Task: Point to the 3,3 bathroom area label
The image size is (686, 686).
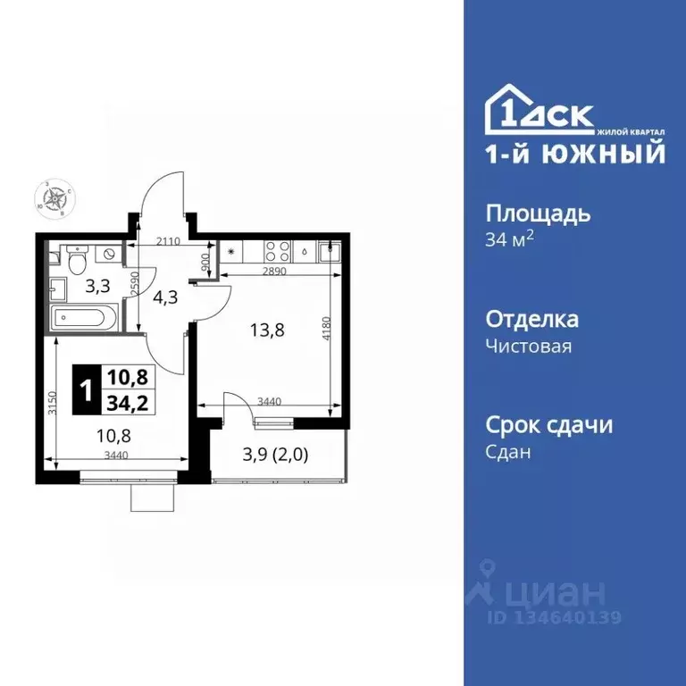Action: point(97,288)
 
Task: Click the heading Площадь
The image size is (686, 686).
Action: point(538,214)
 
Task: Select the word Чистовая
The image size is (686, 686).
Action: point(528,347)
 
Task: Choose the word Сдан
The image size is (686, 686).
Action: point(508,452)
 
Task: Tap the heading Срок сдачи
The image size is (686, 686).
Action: point(548,424)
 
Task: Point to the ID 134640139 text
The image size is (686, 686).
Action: point(554,617)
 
